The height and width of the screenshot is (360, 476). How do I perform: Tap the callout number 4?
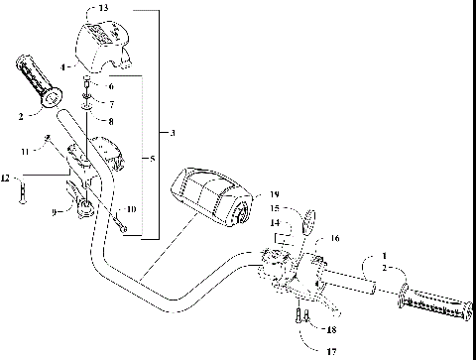click(x=63, y=67)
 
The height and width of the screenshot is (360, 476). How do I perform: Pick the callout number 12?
click(x=5, y=178)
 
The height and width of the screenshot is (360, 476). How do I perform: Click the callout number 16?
click(x=334, y=239)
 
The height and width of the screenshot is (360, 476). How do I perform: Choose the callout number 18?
click(x=331, y=328)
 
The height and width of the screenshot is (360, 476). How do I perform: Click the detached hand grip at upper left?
click(x=37, y=83)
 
